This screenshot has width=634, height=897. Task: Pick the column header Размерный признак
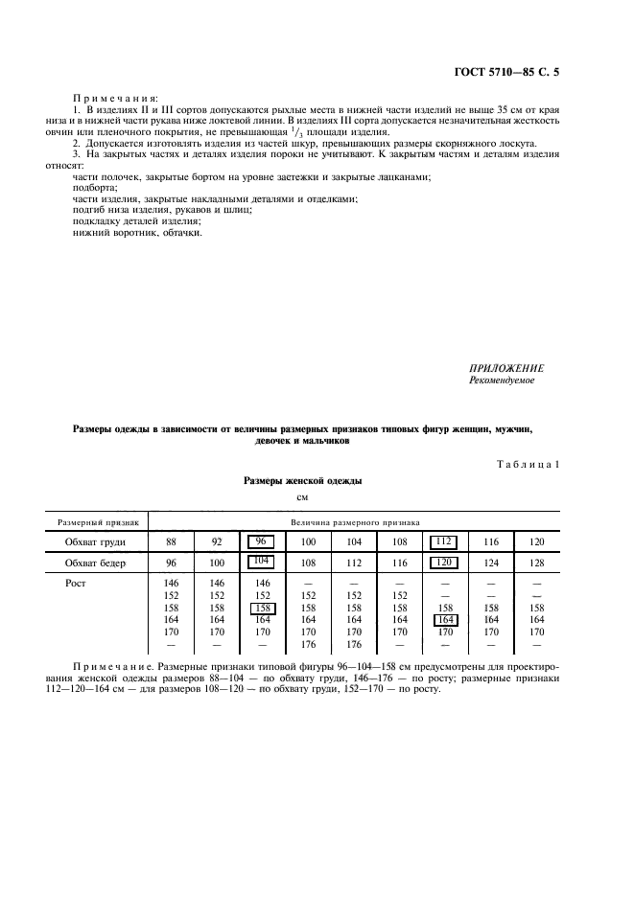[99, 523]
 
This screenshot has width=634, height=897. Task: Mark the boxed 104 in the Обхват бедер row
[261, 562]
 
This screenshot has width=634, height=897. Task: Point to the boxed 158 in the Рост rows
[261, 608]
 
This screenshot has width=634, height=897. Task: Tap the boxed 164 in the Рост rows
[444, 620]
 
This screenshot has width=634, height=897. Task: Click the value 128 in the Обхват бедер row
[537, 563]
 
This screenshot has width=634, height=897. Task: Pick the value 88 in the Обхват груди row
[171, 542]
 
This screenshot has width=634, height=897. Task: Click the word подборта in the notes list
[94, 188]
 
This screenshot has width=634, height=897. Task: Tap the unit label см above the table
[302, 498]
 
